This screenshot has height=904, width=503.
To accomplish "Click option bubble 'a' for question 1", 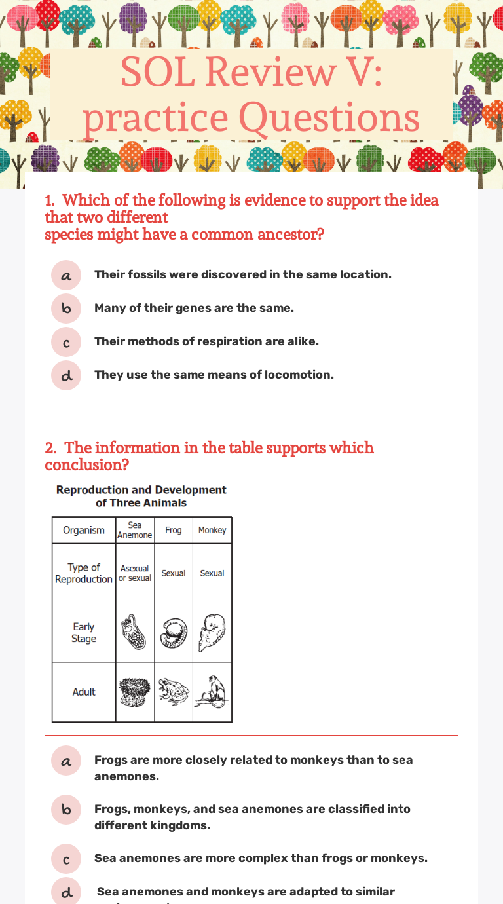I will pyautogui.click(x=66, y=275).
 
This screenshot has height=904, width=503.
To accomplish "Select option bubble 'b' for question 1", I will pyautogui.click(x=66, y=309).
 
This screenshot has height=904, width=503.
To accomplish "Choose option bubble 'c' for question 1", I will pyautogui.click(x=66, y=342).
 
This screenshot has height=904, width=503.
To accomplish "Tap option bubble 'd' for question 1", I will pyautogui.click(x=66, y=375).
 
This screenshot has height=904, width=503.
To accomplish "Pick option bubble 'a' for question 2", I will pyautogui.click(x=66, y=761).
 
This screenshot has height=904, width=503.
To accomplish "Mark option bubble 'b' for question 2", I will pyautogui.click(x=66, y=810).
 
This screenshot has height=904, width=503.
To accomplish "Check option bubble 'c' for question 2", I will pyautogui.click(x=66, y=859).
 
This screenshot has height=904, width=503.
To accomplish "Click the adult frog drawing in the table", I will pyautogui.click(x=174, y=692).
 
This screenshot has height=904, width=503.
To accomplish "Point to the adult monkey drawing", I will pyautogui.click(x=212, y=692).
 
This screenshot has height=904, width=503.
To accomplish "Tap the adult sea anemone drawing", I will pyautogui.click(x=135, y=692).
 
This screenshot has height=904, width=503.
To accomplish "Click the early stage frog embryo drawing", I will pyautogui.click(x=174, y=632).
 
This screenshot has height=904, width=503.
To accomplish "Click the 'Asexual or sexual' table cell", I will pyautogui.click(x=135, y=573).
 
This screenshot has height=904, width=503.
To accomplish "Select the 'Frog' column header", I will pyautogui.click(x=174, y=530).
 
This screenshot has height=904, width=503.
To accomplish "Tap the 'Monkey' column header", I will pyautogui.click(x=212, y=530).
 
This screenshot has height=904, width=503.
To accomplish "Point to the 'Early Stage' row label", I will pyautogui.click(x=84, y=633).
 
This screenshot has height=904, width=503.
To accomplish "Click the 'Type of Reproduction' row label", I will pyautogui.click(x=84, y=573).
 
